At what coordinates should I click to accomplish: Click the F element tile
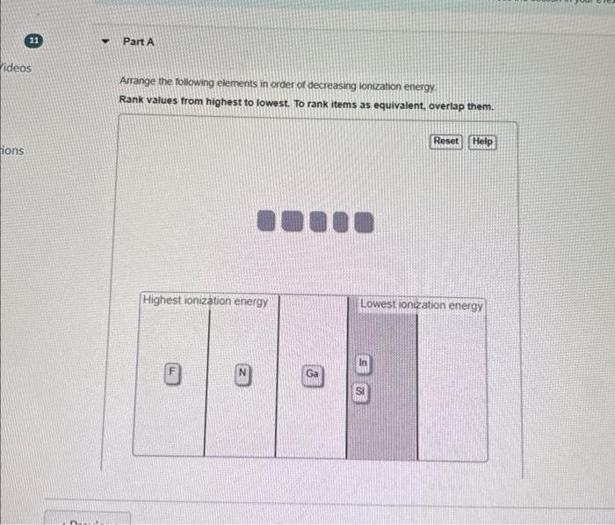point(173,371)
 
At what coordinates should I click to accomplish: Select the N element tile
point(242,372)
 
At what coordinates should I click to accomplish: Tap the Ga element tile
point(312,375)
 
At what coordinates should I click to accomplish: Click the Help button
point(482,142)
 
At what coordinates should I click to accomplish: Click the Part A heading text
point(139,41)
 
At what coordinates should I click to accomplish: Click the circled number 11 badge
point(33,40)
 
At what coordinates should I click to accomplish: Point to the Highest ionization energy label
point(205,301)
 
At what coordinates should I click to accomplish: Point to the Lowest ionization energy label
point(422,305)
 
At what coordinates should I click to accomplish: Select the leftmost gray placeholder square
point(268,222)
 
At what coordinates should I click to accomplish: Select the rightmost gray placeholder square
point(363,222)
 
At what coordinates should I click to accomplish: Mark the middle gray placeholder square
point(315,222)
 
